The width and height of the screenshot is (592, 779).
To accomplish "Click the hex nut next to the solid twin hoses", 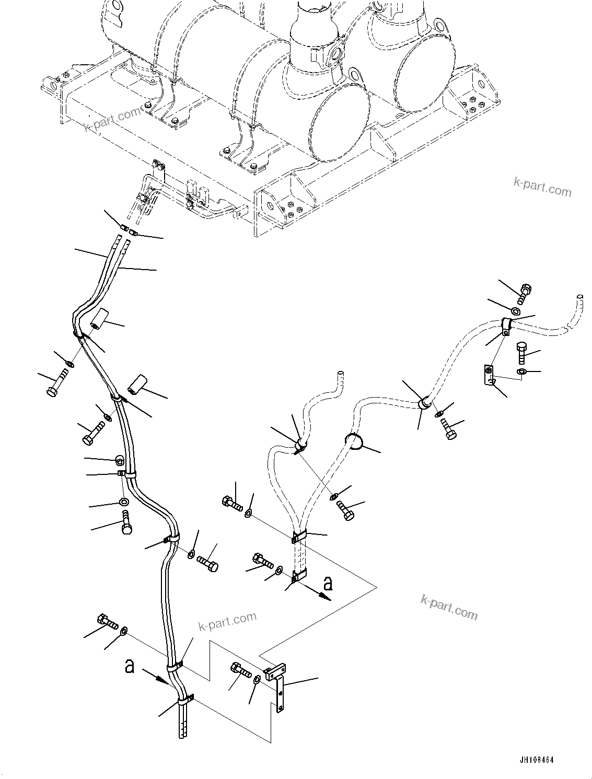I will tap(120, 460).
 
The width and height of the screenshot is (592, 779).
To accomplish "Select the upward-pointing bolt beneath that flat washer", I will tap(126, 524).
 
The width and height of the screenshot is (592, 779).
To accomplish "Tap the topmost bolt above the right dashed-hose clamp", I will tap(525, 293).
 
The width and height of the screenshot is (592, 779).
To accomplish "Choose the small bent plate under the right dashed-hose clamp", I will tap(489, 376).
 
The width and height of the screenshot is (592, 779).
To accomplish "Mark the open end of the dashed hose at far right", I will tap(579, 297).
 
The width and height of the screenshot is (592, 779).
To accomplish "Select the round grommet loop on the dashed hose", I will tap(354, 441).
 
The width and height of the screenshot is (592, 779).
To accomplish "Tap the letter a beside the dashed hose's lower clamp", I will tap(327, 582).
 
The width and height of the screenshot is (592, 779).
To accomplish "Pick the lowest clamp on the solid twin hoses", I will tap(185, 700).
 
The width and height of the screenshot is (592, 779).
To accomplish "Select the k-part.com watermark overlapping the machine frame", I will tap(112, 119).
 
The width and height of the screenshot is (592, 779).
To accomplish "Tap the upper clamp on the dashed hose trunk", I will tap(299, 537).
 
